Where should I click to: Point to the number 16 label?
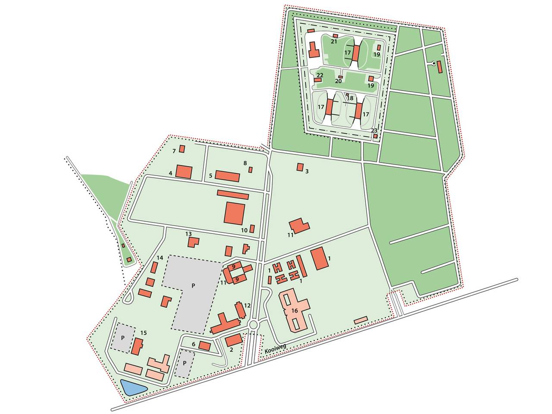[295, 310]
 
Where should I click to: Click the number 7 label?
[174, 151]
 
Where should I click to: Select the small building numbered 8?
[250, 169]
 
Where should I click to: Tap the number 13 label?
[188, 234]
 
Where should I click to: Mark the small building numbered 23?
[376, 136]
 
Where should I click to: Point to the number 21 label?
[334, 42]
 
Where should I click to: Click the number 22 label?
[320, 75]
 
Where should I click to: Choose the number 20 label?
[338, 81]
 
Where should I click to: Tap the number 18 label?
[350, 98]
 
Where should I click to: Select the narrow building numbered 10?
[252, 229]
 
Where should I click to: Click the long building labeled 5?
[227, 176]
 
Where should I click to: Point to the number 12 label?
[247, 305]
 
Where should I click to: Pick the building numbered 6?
[204, 345]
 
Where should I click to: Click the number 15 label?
[144, 333]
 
